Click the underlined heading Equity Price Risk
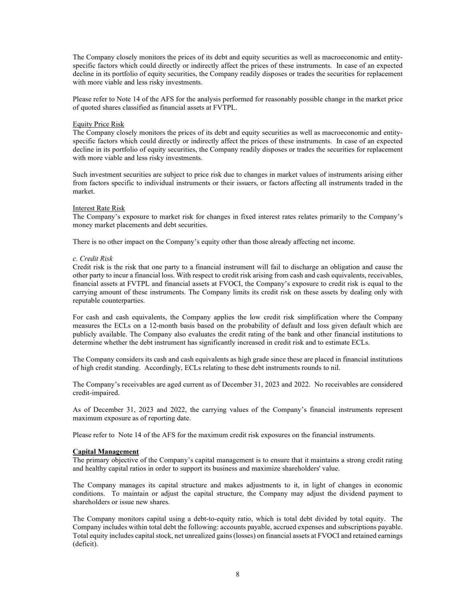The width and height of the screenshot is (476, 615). pyautogui.click(x=98, y=124)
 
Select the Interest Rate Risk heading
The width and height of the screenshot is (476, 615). pyautogui.click(x=99, y=208)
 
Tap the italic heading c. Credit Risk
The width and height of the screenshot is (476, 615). pyautogui.click(x=93, y=258)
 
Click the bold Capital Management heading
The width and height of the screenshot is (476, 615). pyautogui.click(x=106, y=451)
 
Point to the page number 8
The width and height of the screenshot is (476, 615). pyautogui.click(x=238, y=574)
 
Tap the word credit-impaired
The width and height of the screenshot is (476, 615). pyautogui.click(x=96, y=393)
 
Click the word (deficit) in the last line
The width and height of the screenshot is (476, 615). pyautogui.click(x=85, y=544)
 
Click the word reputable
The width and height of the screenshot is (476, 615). pyautogui.click(x=85, y=301)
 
